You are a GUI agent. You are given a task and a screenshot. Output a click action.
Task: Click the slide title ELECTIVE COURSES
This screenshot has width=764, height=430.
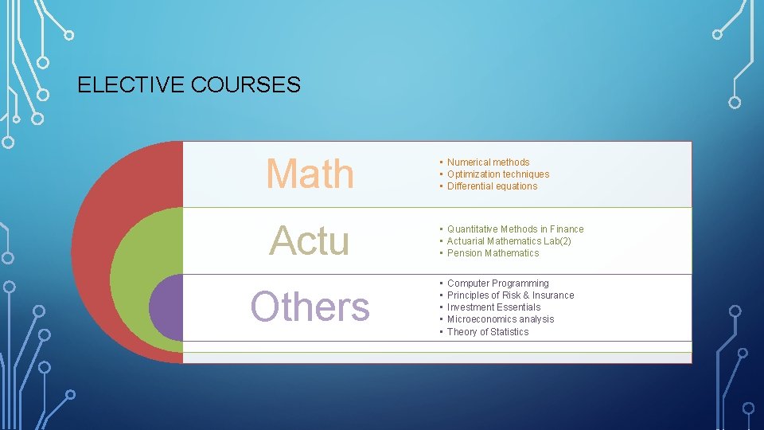pos(189,84)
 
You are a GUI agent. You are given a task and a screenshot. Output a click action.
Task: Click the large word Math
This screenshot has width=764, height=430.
pos(310,174)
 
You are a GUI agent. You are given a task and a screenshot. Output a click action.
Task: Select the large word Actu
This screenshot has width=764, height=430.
pos(310,240)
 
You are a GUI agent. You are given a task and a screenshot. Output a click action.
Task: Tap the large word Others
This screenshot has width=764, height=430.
pos(310,307)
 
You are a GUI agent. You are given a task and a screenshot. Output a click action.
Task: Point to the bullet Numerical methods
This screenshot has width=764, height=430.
pos(488,162)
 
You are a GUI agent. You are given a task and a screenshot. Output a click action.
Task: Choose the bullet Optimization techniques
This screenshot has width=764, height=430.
pos(497,174)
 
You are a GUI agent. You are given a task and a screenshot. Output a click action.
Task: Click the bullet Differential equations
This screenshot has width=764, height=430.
pos(492,186)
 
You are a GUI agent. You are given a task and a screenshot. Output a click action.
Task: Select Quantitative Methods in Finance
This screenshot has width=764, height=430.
pos(515,229)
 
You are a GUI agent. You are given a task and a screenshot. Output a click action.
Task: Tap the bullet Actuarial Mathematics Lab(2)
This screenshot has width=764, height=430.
pos(509,241)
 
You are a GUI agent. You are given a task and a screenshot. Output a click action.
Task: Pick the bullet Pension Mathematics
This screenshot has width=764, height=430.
pos(493,253)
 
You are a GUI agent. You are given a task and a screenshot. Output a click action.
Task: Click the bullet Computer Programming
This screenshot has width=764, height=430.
pos(497,283)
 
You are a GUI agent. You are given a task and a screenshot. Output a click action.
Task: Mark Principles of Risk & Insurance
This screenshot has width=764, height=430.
pos(510,295)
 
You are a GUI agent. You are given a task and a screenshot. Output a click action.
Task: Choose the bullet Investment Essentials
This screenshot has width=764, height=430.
pos(493,307)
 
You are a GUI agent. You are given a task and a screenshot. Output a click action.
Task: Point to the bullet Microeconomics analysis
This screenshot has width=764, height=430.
pos(500,319)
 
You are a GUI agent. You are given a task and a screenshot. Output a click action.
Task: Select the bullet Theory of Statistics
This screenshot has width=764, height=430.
pos(487,332)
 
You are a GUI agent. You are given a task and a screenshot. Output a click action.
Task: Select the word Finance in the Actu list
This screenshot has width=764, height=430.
pos(565,229)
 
